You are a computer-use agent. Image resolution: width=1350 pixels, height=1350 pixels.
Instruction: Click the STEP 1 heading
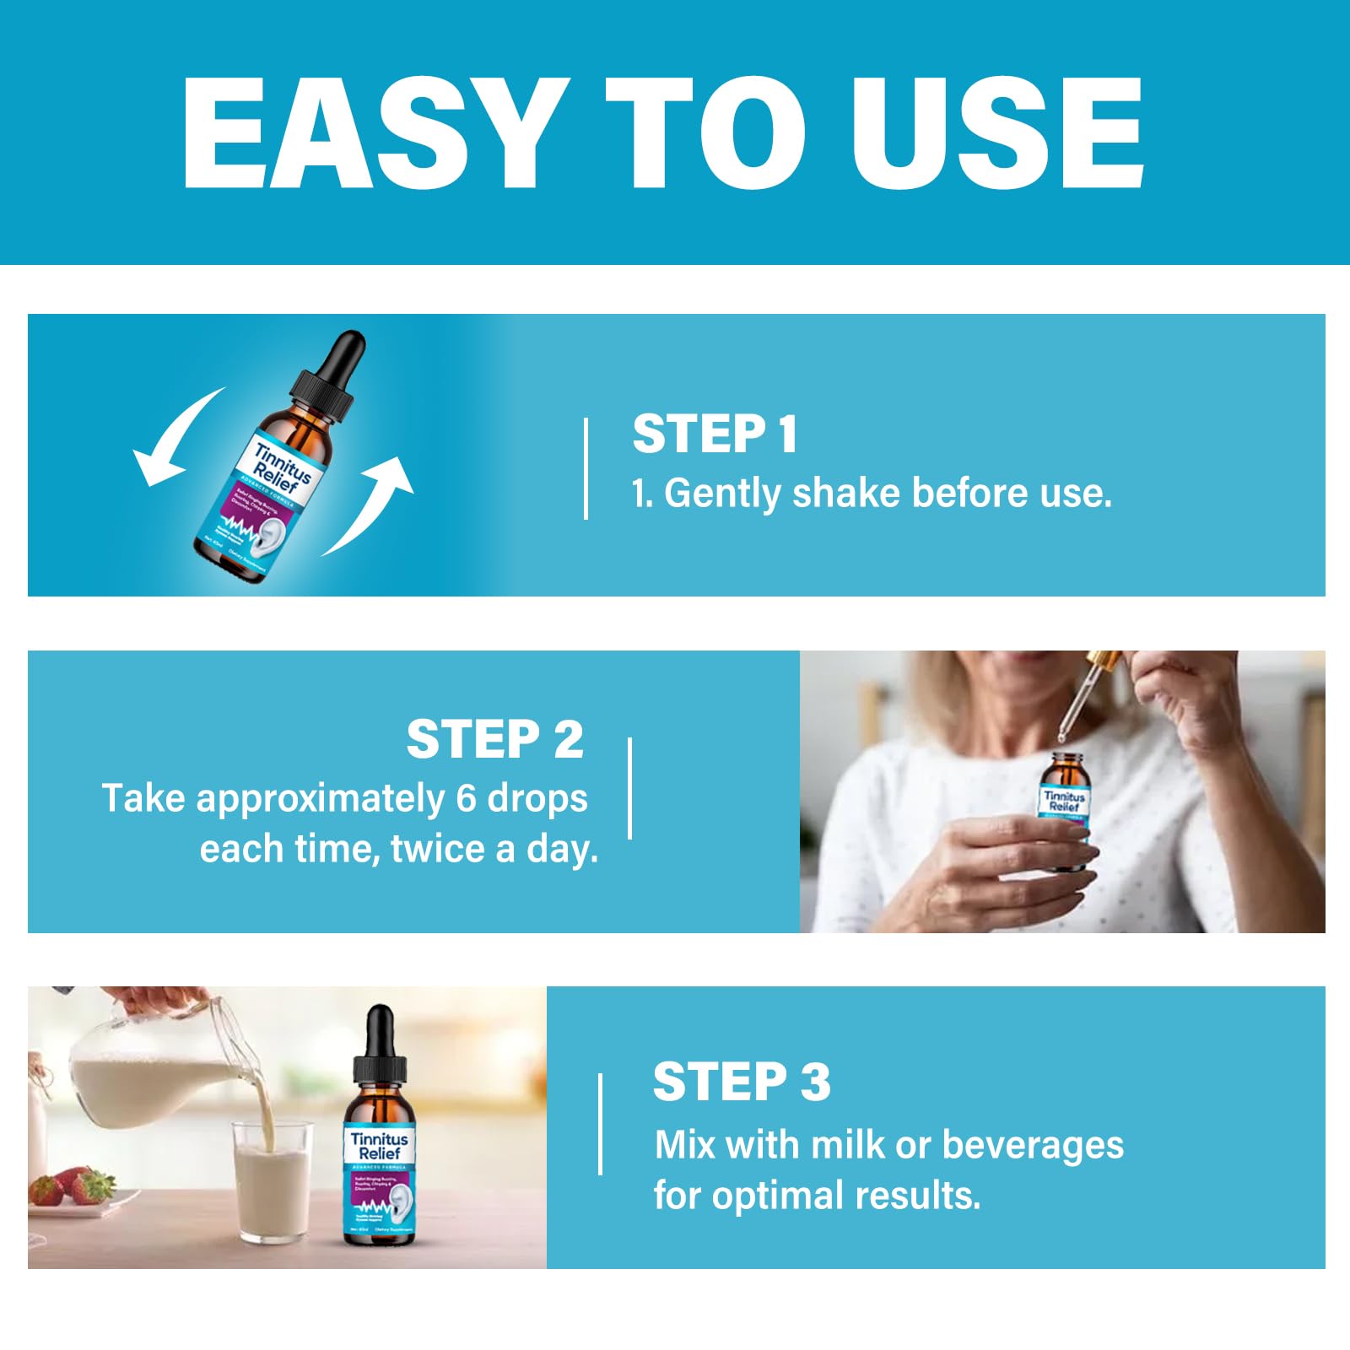click(x=714, y=435)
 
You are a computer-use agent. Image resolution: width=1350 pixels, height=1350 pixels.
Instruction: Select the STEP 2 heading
click(x=494, y=740)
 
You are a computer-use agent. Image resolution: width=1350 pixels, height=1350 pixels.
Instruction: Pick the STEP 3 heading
click(x=741, y=1083)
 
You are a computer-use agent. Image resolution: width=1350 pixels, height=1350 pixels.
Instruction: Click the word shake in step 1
click(x=846, y=494)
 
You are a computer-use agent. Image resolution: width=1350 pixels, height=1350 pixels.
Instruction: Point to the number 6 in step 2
click(x=466, y=798)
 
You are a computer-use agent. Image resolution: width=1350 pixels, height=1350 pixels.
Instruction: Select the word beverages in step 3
click(x=1032, y=1145)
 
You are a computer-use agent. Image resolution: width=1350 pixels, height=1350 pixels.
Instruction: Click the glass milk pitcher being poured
click(x=156, y=1072)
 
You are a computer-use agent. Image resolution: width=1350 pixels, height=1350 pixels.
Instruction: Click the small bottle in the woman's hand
click(x=1065, y=810)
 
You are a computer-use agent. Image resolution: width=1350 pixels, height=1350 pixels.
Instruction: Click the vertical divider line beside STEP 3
click(x=600, y=1124)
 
